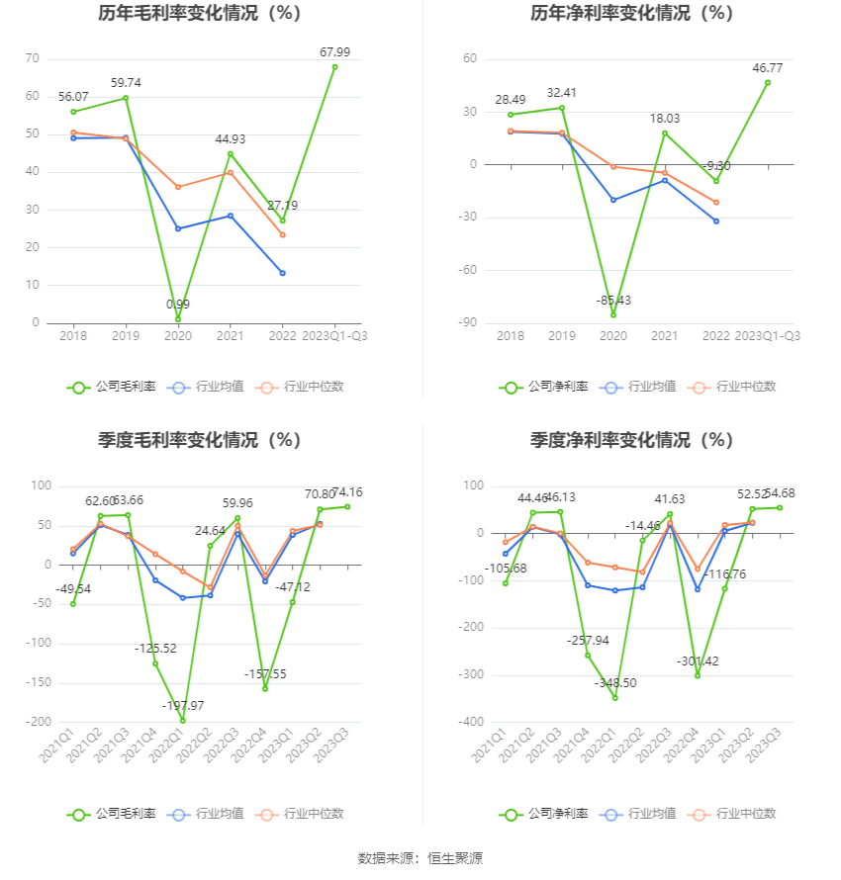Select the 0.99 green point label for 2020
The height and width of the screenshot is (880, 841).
pos(178,304)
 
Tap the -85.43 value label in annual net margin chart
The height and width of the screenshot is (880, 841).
pos(613,300)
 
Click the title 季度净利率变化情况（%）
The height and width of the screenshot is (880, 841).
pos(631,440)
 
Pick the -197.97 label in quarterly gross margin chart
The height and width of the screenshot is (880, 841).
pos(182,705)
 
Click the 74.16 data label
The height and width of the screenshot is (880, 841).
pos(347,492)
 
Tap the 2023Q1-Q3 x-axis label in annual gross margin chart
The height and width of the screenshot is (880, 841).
pos(334,336)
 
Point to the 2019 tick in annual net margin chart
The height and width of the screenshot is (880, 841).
pos(562,336)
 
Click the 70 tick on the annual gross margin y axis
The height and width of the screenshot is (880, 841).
pos(33,59)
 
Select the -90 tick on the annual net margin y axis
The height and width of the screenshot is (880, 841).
pos(468,323)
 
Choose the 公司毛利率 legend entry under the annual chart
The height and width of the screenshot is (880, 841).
pos(112,387)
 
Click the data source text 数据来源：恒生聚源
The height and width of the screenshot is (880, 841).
pos(420,858)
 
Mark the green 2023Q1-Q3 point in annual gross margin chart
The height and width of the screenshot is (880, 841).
pos(334,67)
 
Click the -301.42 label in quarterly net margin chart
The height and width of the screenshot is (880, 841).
pos(699,660)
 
